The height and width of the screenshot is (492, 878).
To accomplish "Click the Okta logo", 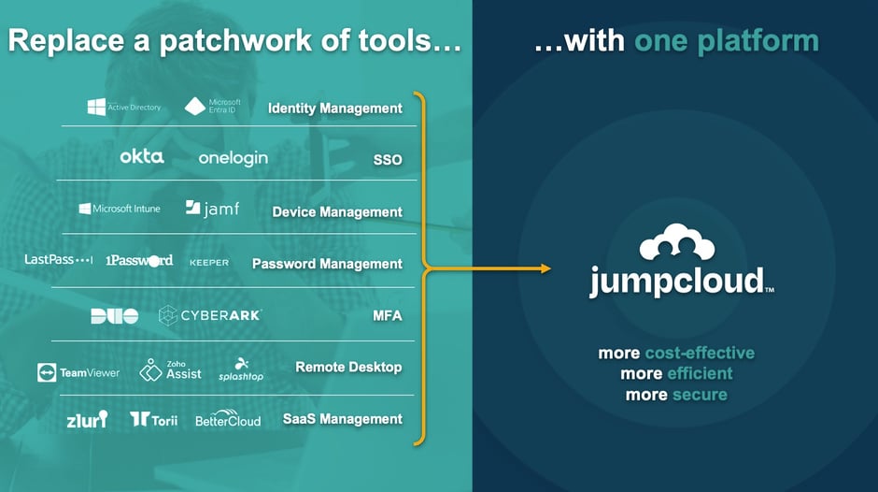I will [x=142, y=157].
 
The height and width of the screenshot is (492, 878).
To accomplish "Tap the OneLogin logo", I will [x=233, y=158].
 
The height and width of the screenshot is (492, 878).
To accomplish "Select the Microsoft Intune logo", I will [x=120, y=209].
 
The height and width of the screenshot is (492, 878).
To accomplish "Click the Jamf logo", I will [x=212, y=209].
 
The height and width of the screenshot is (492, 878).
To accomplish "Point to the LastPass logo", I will [x=58, y=260].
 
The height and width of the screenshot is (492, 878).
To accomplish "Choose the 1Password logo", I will [x=139, y=260].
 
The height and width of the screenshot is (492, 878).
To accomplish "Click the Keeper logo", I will [x=209, y=262].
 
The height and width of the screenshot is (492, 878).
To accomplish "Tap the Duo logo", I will [x=114, y=316].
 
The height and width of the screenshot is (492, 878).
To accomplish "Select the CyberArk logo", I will [x=209, y=315].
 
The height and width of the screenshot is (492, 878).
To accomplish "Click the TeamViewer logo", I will [x=78, y=371].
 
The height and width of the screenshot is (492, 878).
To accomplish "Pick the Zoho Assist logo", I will [x=170, y=369].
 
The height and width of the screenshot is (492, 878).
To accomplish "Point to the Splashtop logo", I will [x=241, y=369].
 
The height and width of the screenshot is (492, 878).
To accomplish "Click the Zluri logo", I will [x=87, y=419].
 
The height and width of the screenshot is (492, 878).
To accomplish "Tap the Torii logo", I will [x=154, y=420].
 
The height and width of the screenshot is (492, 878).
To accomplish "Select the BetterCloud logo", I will [x=228, y=419].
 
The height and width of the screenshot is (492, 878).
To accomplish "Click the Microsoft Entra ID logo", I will [x=213, y=106].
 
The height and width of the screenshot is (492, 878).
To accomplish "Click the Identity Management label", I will [x=335, y=108].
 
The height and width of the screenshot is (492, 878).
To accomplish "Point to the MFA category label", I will [x=388, y=315].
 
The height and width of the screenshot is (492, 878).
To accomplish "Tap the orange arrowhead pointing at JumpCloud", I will [x=545, y=269].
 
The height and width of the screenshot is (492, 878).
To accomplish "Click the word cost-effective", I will [x=700, y=354].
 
